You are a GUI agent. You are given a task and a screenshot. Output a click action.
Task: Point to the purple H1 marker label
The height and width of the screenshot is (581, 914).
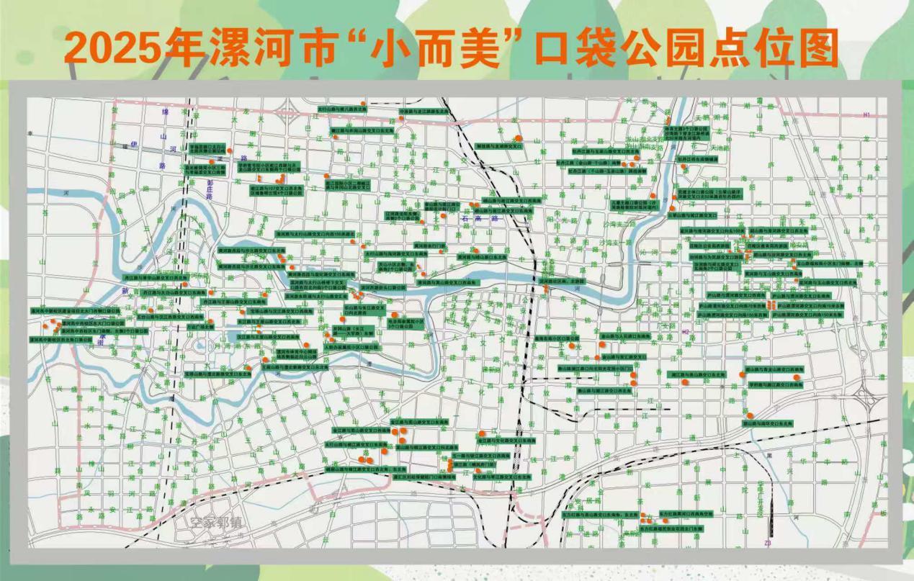click(x=866, y=114)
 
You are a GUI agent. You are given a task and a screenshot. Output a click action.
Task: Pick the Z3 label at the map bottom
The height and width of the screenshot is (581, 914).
click(x=768, y=542)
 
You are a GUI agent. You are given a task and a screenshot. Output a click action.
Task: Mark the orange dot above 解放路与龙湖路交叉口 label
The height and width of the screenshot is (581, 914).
click(x=518, y=137)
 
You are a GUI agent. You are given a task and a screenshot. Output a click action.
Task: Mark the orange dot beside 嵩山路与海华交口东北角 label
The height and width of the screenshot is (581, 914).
click(x=750, y=416)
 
